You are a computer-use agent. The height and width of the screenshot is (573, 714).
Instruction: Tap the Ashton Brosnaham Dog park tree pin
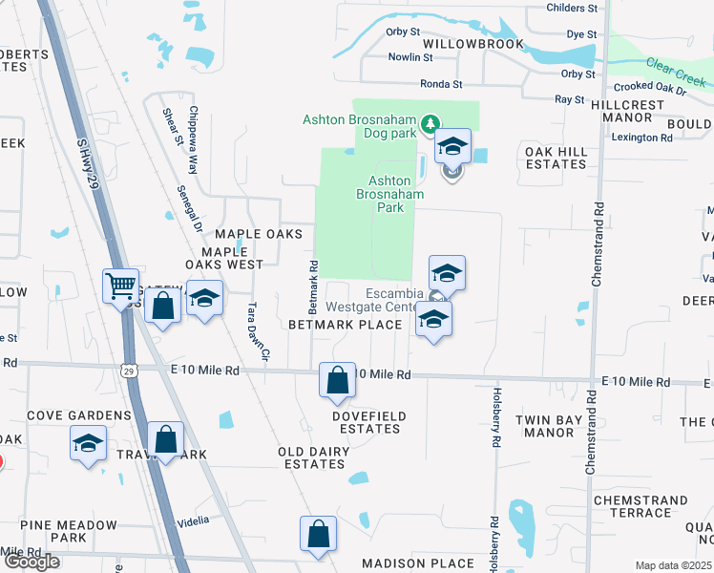point(430,123)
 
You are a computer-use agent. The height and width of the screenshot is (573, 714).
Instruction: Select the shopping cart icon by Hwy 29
point(121,285)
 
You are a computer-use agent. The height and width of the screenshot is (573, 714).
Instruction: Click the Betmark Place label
point(346,325)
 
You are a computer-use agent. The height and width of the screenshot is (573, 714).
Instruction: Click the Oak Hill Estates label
point(555,158)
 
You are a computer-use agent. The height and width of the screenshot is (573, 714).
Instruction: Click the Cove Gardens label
point(79,415)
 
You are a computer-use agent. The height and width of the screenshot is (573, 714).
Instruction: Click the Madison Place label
point(418,563)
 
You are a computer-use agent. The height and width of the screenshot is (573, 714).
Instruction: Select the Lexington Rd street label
point(642,138)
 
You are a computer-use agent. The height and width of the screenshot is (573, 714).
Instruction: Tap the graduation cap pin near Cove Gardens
point(88,443)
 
